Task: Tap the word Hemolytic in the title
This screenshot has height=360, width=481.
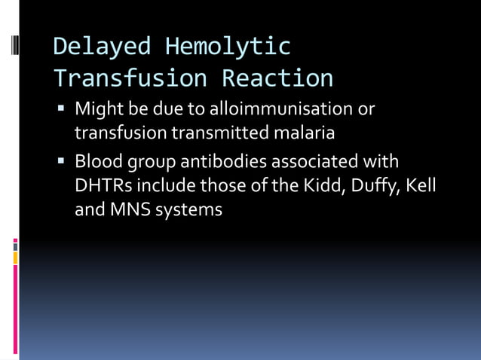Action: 228,47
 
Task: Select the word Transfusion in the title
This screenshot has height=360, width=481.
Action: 133,78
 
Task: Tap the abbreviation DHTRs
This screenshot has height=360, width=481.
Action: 103,185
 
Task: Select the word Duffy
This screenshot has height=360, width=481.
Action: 372,186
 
